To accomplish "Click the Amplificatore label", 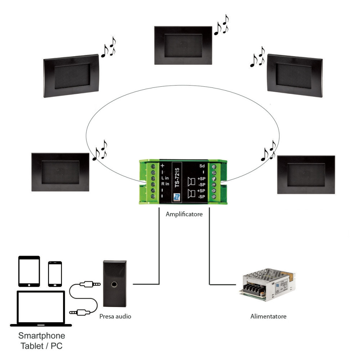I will pyautogui.click(x=184, y=214).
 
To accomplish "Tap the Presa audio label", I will pyautogui.click(x=115, y=316).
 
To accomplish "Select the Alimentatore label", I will pyautogui.click(x=268, y=316).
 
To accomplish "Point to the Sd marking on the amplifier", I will pyautogui.click(x=202, y=166).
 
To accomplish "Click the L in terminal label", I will pyautogui.click(x=165, y=178).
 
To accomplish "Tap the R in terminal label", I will pyautogui.click(x=165, y=184).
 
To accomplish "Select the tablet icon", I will pyautogui.click(x=29, y=271).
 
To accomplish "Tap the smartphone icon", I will pyautogui.click(x=55, y=274).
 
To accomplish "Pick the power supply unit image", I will pyautogui.click(x=268, y=284).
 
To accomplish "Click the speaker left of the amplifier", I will pyautogui.click(x=60, y=172).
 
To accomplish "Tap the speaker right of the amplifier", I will pyautogui.click(x=306, y=174).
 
